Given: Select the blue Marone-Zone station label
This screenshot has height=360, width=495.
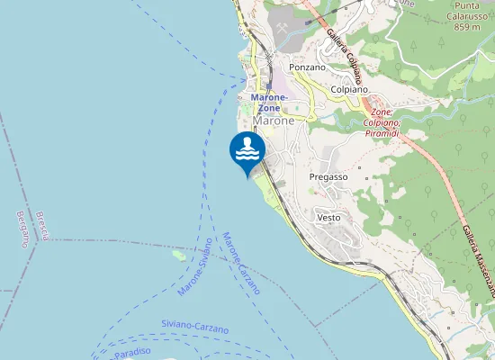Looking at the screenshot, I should pyautogui.click(x=269, y=103).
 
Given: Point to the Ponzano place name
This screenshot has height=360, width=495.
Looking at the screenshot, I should pyautogui.click(x=307, y=67).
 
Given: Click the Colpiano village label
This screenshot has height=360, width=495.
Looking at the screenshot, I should pyautogui.click(x=350, y=90).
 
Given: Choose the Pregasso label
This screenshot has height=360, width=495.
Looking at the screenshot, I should pyautogui.click(x=328, y=177).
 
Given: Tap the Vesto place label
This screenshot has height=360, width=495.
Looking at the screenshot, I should pyautogui.click(x=328, y=218).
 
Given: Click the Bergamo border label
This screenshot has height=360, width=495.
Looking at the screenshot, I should pyautogui.click(x=23, y=229).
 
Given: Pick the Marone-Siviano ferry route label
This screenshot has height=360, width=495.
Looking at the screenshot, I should pyautogui.click(x=195, y=267).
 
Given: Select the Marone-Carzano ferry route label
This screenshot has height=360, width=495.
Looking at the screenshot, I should pyautogui.click(x=240, y=264).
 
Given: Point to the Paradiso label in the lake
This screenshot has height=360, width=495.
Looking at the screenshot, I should pyautogui.click(x=131, y=354).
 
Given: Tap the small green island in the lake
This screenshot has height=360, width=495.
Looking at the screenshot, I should pyautogui.click(x=179, y=255).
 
